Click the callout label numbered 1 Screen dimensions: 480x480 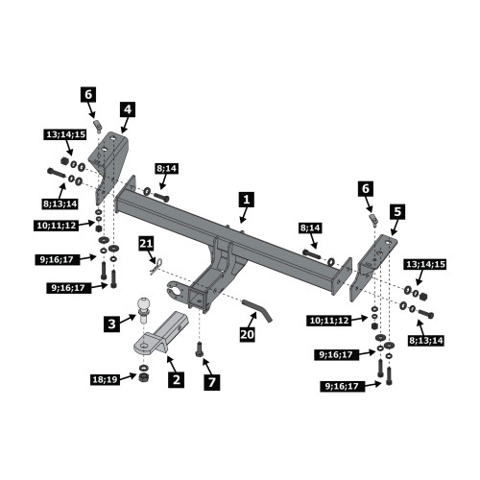[247, 200]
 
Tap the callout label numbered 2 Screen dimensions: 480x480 [177, 379]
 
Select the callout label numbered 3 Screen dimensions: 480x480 [111, 324]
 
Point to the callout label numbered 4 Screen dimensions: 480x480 [128, 109]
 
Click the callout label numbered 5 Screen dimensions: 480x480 [397, 211]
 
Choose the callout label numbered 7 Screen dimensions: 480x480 [212, 382]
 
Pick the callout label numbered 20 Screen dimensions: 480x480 [248, 334]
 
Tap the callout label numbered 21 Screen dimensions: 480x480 [146, 244]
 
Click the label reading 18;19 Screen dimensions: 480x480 [106, 380]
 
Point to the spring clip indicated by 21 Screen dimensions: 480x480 [156, 266]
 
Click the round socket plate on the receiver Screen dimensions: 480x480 [176, 289]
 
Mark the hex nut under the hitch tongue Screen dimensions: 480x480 [144, 377]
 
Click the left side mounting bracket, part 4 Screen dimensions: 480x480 [110, 167]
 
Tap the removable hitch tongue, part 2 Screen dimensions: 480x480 [160, 333]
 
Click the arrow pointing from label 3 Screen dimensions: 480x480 [129, 319]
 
